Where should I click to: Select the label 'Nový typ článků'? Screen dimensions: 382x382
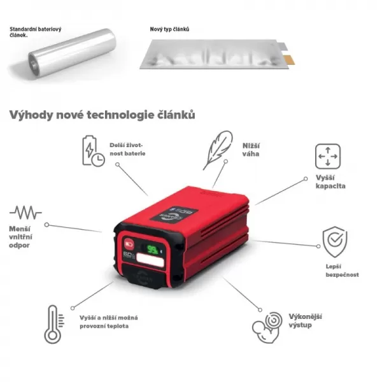[x=170, y=29]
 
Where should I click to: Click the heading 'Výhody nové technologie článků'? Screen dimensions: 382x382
[x=102, y=115]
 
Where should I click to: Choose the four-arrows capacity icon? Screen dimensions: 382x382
[x=328, y=157]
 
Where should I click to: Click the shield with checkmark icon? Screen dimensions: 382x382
[x=334, y=241]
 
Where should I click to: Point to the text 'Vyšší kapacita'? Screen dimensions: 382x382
[x=330, y=181]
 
